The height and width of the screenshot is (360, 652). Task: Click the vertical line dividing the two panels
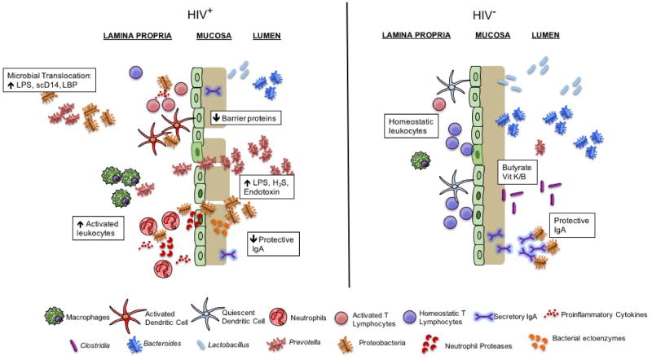[x=348, y=147]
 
